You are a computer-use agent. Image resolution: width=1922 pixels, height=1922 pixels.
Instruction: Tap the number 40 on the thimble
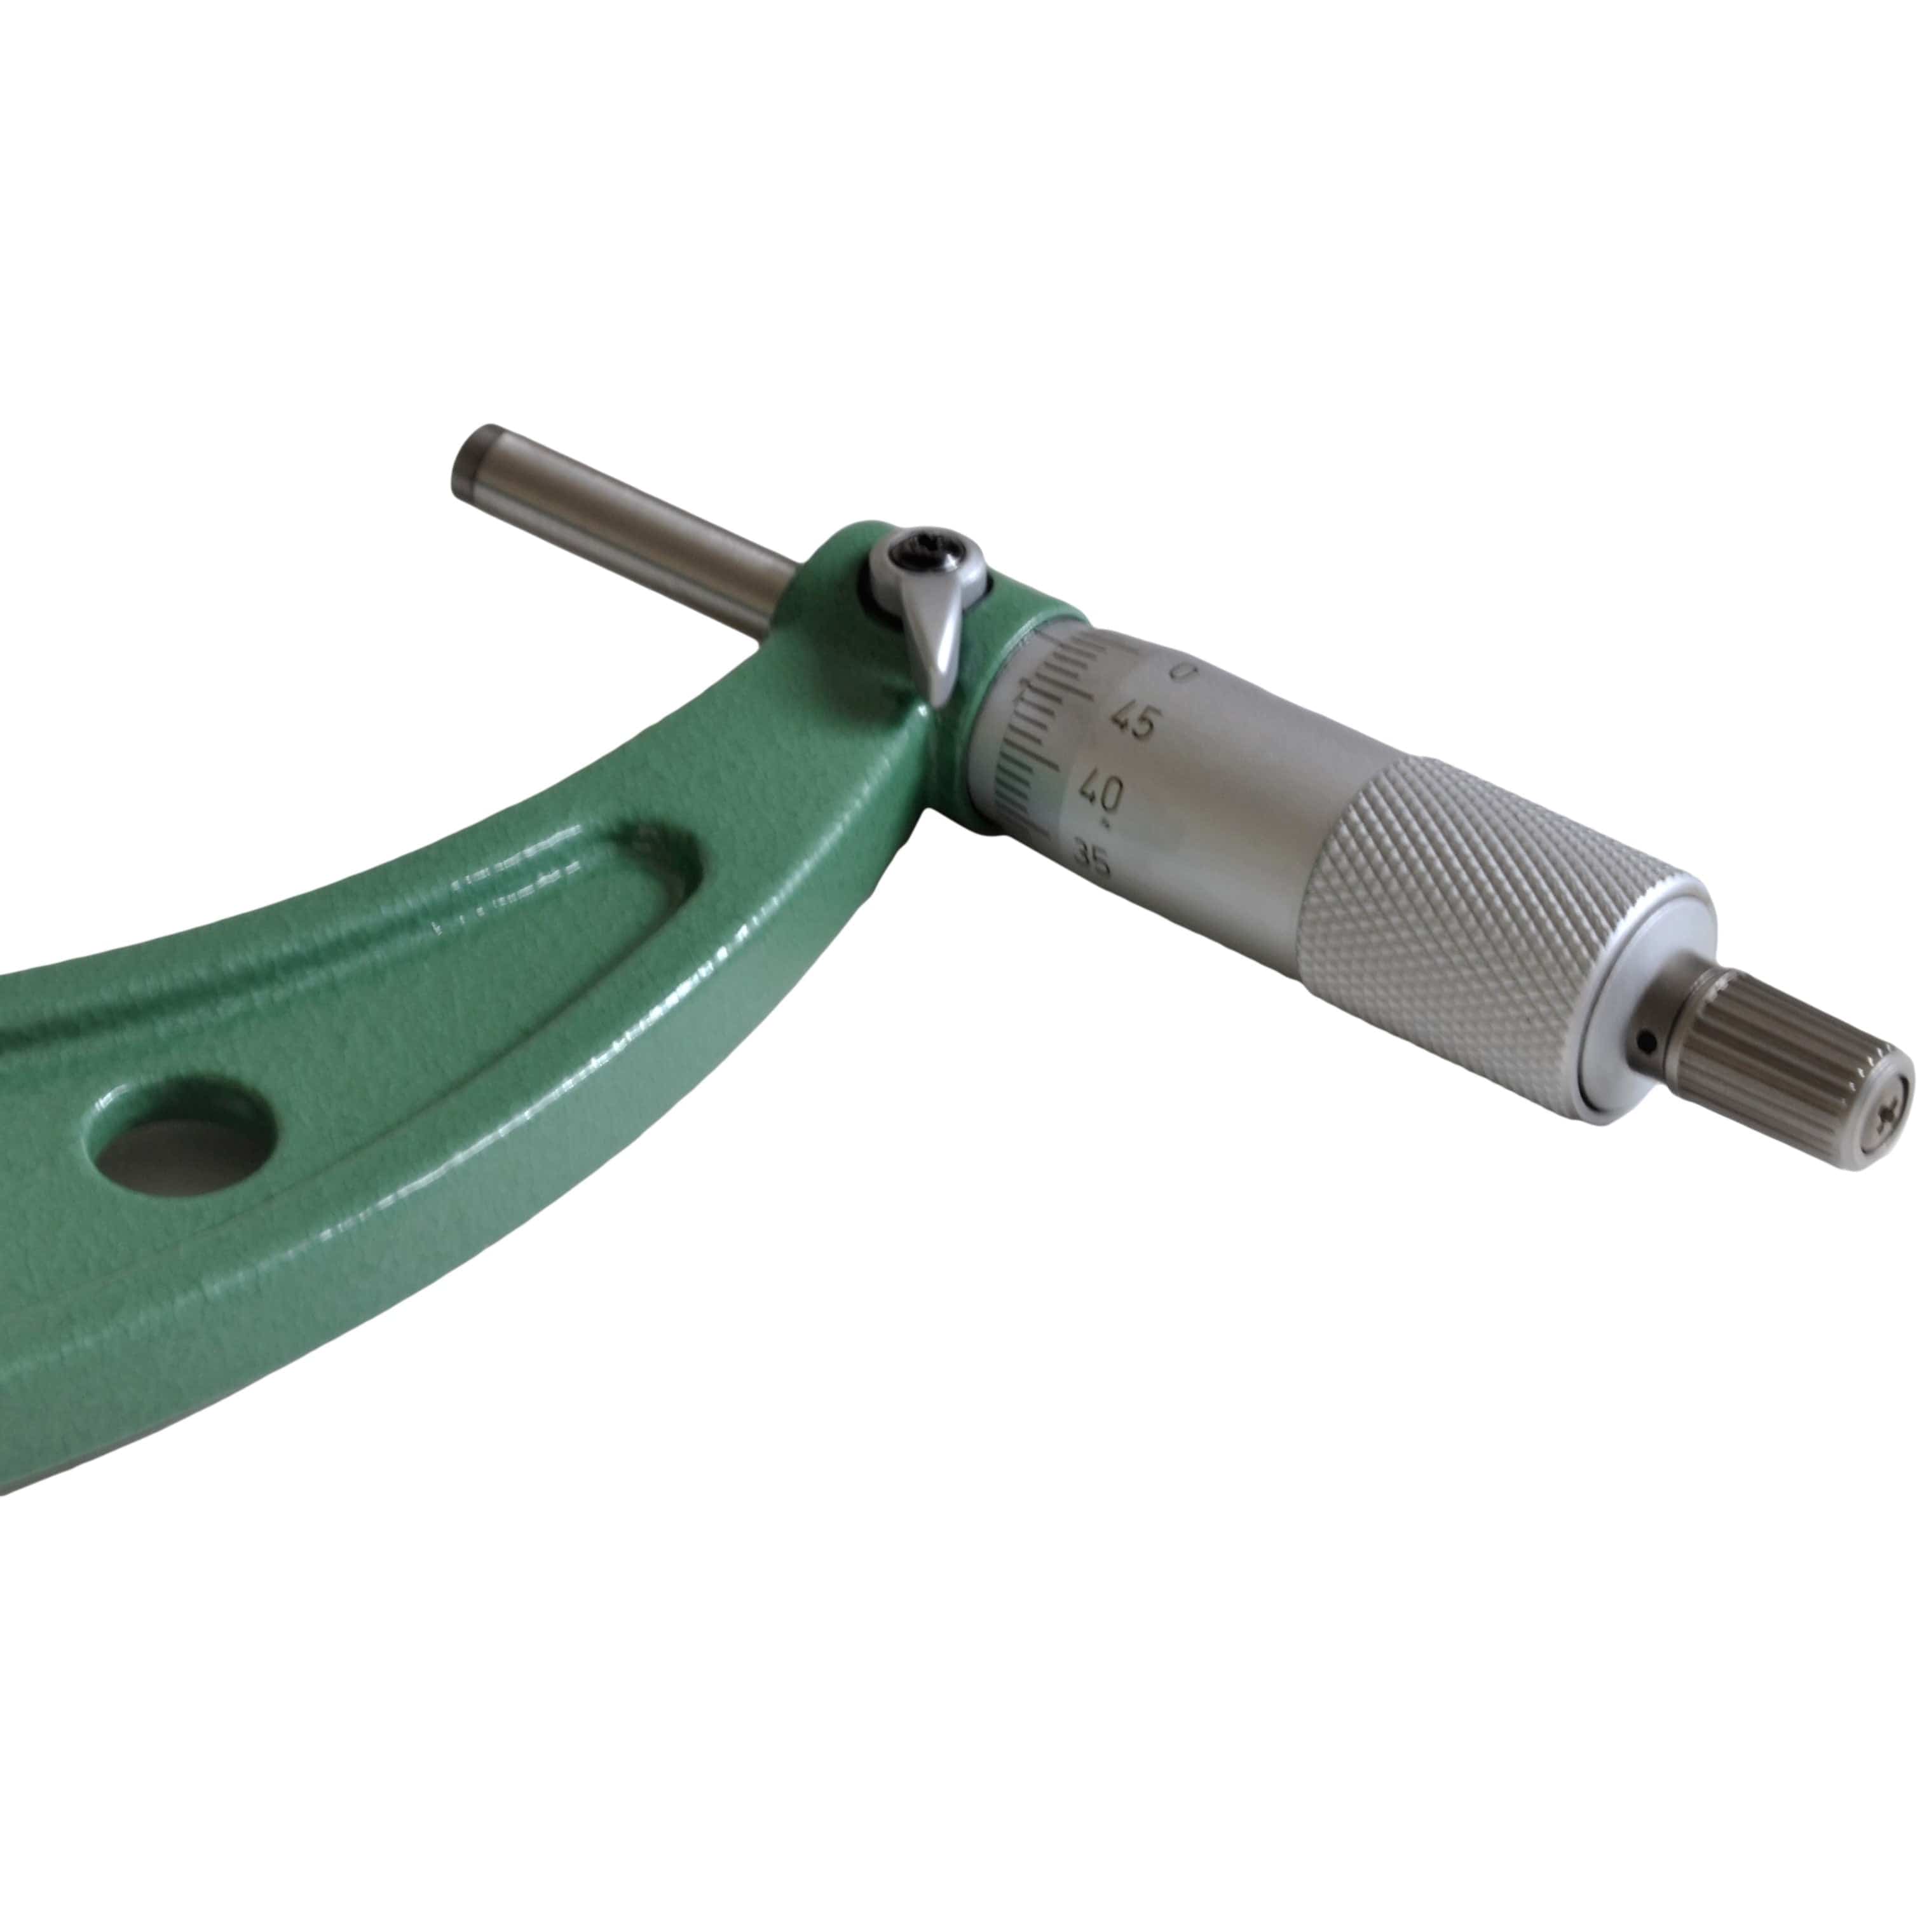click(x=1101, y=793)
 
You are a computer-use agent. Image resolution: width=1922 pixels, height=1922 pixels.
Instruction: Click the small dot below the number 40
click(x=1107, y=824)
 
